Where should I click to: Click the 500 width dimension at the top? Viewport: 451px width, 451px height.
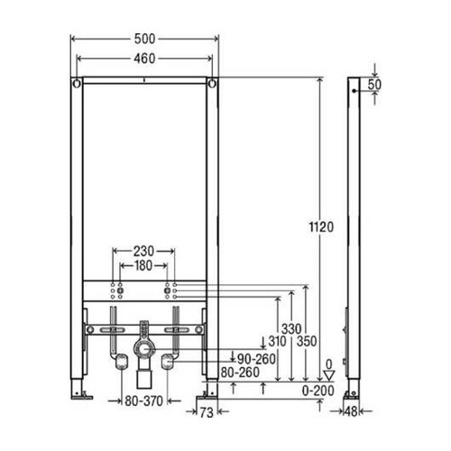click(144, 40)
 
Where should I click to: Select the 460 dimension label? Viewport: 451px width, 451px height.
click(144, 57)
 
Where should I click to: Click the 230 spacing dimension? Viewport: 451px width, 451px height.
click(144, 252)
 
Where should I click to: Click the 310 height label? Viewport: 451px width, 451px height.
click(275, 341)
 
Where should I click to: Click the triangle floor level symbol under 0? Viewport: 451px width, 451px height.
click(329, 372)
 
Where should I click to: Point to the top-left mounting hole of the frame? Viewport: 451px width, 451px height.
click(78, 85)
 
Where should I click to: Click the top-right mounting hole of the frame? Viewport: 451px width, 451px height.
click(212, 85)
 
